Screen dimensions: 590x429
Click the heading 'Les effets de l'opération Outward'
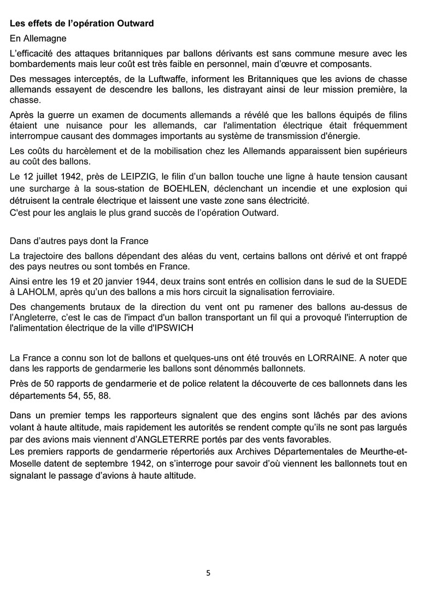coord(81,24)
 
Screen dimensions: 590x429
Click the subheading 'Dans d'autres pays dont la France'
coord(79,241)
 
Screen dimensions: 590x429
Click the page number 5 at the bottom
coord(208,573)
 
